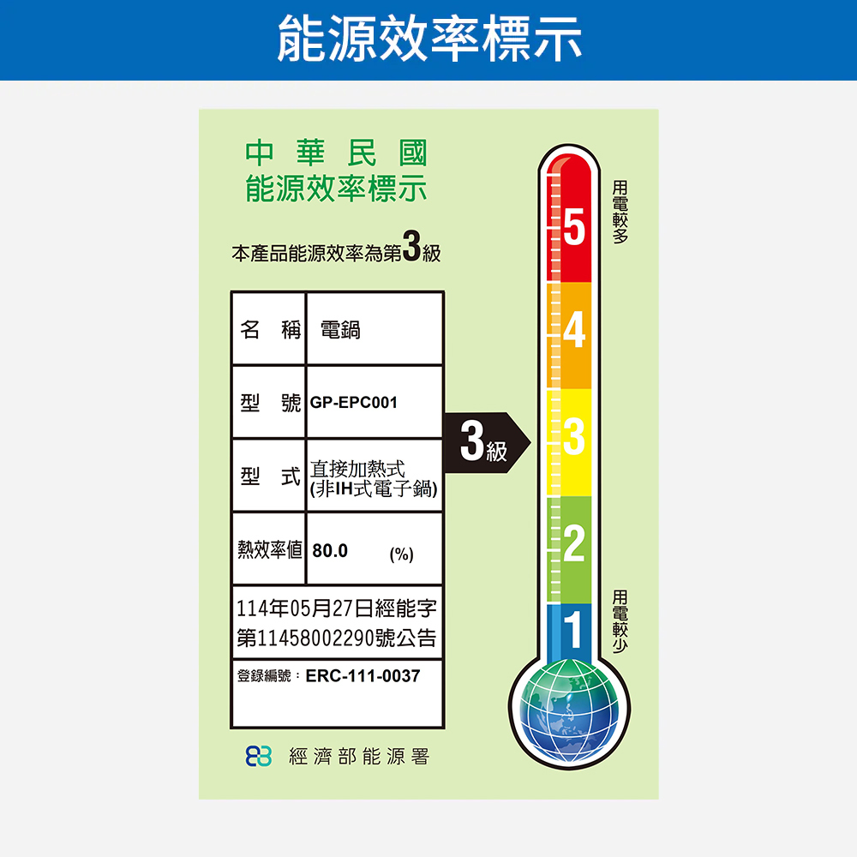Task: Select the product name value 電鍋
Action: coord(340,330)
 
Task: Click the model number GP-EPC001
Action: coord(354,402)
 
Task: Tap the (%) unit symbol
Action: coord(400,554)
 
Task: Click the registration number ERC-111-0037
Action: coord(363,676)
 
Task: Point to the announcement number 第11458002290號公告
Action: coord(337,638)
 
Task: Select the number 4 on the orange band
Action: coord(573,331)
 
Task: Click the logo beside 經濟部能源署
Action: coord(259,756)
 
